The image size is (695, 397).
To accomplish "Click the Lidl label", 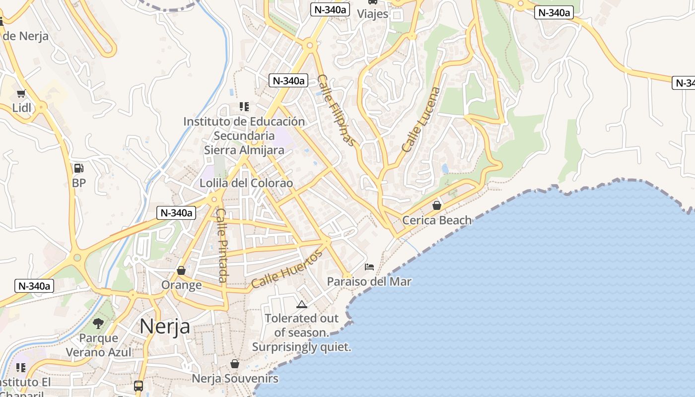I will (21, 108).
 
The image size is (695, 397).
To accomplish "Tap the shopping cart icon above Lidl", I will (21, 93).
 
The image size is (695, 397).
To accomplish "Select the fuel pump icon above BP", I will (78, 168).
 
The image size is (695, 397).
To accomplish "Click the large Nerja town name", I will (164, 327).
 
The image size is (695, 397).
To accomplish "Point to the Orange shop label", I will (181, 285).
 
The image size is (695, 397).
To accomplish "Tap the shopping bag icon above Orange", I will (181, 270).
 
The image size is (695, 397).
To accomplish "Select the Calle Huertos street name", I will (286, 269).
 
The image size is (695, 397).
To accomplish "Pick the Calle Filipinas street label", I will (337, 110).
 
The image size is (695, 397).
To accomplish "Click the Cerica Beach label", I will (437, 220).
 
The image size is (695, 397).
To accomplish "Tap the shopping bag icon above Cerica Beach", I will (437, 205).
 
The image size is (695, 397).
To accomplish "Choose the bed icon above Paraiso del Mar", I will (369, 267).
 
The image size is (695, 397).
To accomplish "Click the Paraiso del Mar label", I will (369, 281).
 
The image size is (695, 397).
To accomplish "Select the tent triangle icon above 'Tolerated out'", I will (301, 304).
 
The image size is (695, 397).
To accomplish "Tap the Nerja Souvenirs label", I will (235, 379).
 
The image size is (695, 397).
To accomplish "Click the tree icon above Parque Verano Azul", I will (99, 324).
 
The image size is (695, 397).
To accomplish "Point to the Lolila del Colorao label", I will (246, 183).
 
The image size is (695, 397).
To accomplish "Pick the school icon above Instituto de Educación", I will (244, 107).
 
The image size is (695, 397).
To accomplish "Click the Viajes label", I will (372, 13).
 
